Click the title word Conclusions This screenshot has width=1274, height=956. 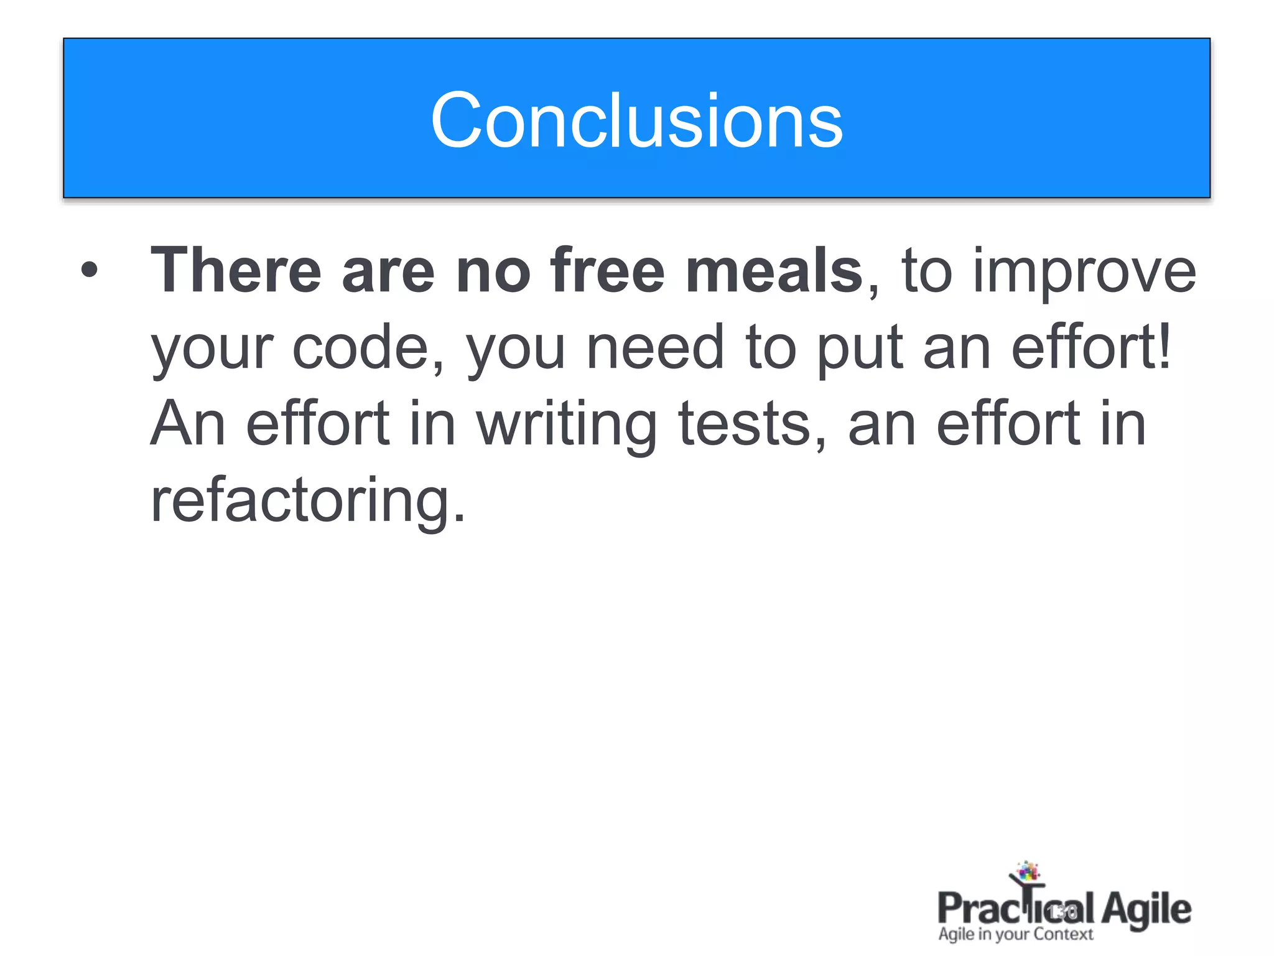[636, 120]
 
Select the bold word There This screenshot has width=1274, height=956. [236, 271]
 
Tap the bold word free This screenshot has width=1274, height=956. [607, 271]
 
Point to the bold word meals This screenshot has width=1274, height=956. [774, 271]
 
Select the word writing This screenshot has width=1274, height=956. [567, 426]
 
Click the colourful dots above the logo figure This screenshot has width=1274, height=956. [1028, 871]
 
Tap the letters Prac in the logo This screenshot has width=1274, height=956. [974, 909]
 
